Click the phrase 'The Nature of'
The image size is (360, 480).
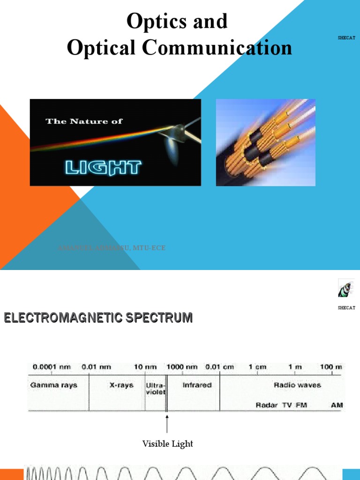click(84, 121)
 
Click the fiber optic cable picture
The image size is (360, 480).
click(265, 142)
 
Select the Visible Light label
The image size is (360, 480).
click(167, 443)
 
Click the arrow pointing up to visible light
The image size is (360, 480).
click(167, 423)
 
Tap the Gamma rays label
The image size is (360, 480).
click(54, 385)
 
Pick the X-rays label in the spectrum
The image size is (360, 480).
click(121, 385)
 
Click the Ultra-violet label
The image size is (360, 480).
click(155, 389)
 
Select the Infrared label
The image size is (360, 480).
click(197, 385)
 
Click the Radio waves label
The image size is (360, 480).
click(298, 385)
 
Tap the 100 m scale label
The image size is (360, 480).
click(331, 367)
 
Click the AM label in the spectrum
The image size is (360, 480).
click(337, 405)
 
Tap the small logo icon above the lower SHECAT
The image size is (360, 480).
click(345, 288)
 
